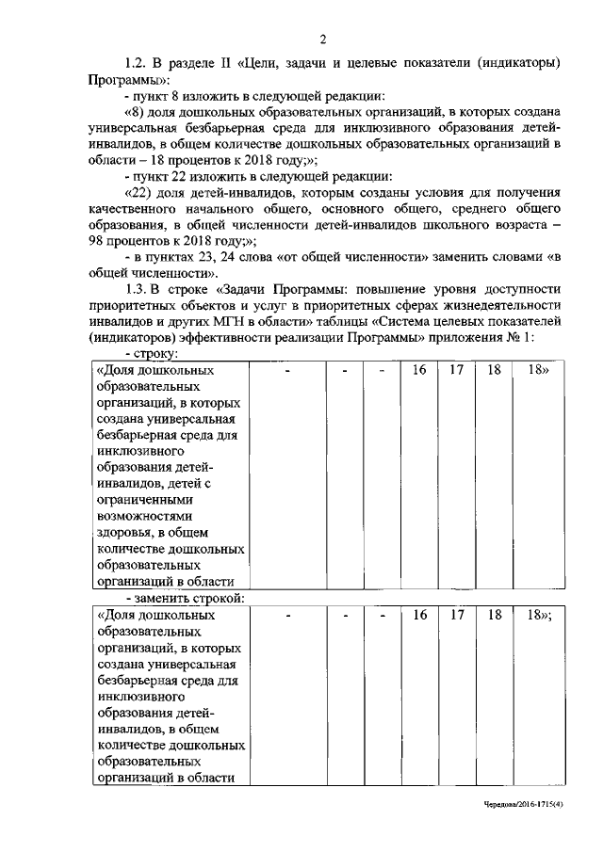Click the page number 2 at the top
(x=321, y=39)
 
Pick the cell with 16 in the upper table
(x=420, y=370)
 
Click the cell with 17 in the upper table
(x=457, y=370)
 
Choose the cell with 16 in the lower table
(x=420, y=615)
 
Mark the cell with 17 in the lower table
(x=457, y=615)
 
